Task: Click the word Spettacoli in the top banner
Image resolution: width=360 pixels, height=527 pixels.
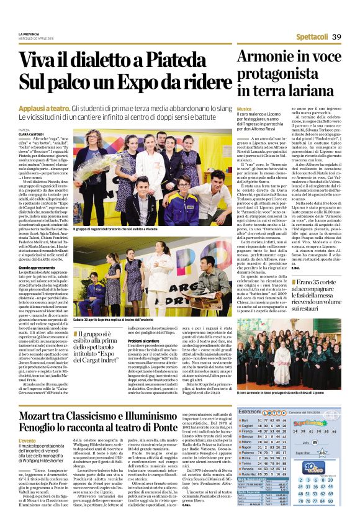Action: pos(312,37)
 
